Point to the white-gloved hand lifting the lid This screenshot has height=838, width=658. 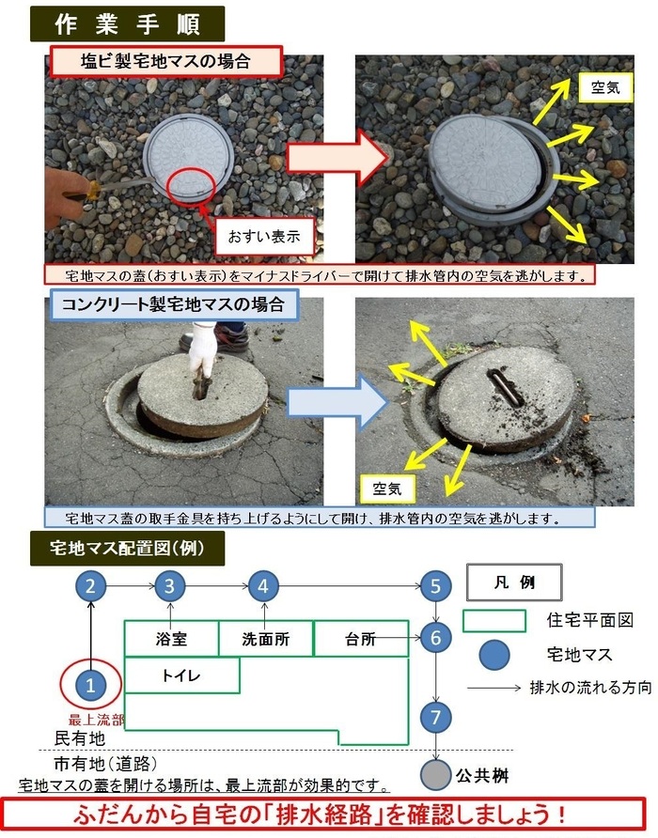coord(202,350)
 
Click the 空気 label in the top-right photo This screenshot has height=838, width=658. coord(604,90)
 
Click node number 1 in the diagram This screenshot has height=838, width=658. coord(90,685)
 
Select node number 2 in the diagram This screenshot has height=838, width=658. coord(90,587)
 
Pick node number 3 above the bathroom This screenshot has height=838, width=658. coord(169,587)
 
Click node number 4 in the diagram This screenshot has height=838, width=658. coord(263,587)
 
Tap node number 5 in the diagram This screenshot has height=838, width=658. coord(435,587)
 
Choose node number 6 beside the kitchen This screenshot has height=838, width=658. coord(435,639)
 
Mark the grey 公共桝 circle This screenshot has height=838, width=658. coord(435,776)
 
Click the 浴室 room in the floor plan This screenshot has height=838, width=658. coord(171,639)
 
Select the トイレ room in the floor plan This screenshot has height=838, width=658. coord(181,675)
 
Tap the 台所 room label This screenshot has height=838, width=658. coord(360,639)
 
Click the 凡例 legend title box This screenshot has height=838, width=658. coord(513,582)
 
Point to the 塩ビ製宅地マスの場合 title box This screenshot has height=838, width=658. coord(164,61)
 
